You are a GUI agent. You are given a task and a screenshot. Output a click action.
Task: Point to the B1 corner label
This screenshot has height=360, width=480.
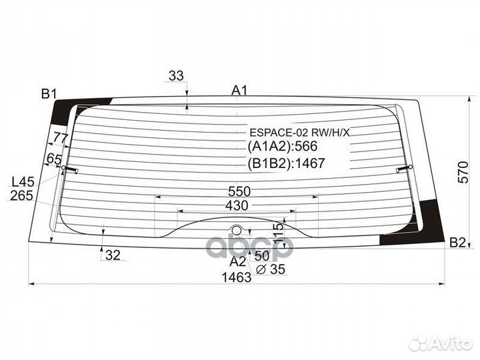[x=49, y=94]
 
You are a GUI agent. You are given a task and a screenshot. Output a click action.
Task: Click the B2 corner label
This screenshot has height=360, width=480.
[x=457, y=243]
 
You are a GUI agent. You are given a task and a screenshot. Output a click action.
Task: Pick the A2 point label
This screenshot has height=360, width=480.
[x=238, y=261]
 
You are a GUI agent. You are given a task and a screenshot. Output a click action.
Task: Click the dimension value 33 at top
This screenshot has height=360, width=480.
[x=176, y=76]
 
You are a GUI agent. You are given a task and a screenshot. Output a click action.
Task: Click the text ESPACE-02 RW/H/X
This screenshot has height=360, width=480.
[x=299, y=132]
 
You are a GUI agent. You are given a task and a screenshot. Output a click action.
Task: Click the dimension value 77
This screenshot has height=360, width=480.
[x=61, y=138]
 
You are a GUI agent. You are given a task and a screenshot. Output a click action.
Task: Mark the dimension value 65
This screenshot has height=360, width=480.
[x=54, y=159]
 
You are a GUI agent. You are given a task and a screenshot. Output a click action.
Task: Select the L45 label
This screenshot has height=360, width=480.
[x=23, y=181]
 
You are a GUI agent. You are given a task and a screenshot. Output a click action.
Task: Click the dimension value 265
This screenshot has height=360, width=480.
[x=22, y=195]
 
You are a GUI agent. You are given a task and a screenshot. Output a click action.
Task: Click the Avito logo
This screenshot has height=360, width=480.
[x=440, y=343]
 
